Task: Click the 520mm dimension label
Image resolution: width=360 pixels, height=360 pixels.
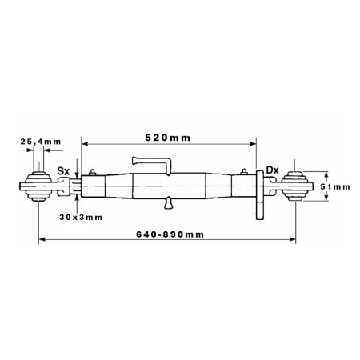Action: [168, 138]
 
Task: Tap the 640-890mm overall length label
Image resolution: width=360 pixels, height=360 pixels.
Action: [170, 234]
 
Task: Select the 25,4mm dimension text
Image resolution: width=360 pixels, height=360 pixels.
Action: [41, 142]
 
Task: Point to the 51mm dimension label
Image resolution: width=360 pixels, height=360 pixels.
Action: [335, 186]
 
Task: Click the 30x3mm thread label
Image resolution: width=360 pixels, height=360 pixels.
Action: [81, 218]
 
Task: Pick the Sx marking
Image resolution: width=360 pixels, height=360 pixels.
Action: [63, 171]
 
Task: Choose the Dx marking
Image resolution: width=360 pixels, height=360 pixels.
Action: [272, 170]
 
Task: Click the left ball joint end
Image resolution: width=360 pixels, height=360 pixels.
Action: [38, 186]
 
